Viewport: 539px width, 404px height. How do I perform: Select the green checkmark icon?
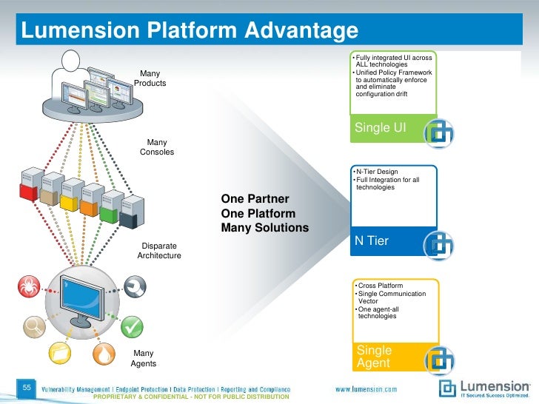coord(132,326)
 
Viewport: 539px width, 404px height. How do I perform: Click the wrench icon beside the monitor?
coord(135,286)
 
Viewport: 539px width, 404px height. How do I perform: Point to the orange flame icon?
coord(105,354)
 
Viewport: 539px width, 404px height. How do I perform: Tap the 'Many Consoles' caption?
coord(157,147)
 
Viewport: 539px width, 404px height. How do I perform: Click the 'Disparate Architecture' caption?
coord(158,250)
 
